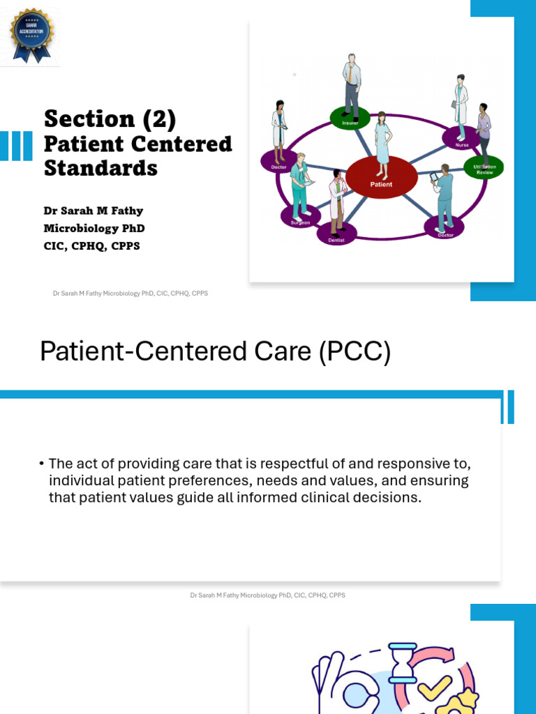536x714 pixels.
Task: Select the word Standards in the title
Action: coord(100,168)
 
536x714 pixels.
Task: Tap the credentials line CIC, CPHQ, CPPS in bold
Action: coord(91,246)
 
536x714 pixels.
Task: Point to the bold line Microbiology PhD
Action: coord(94,228)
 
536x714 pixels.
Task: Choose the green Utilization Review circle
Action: coord(484,168)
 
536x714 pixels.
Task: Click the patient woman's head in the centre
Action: coord(381,117)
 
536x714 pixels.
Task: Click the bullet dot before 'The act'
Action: coord(42,464)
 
